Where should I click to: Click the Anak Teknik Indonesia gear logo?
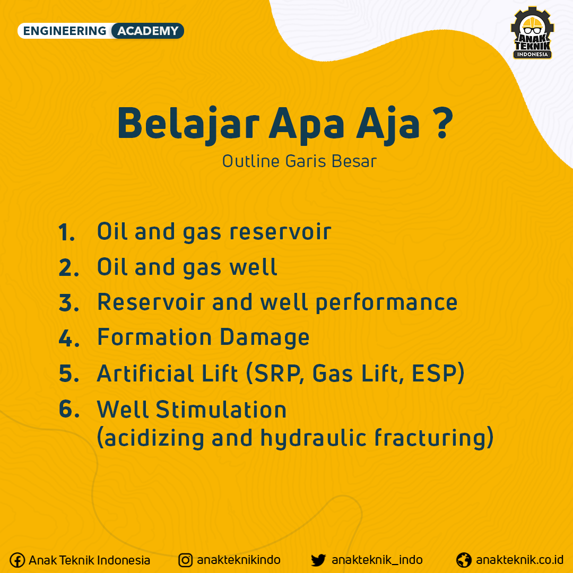pos(533,33)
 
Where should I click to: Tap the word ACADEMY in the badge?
pos(147,31)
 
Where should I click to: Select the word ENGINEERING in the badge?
pos(65,31)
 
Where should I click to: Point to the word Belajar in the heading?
pos(188,124)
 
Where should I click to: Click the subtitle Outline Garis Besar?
pos(299,161)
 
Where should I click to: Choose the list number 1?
pos(66,232)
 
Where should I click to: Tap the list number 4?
pos(68,338)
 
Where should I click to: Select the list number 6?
pos(69,409)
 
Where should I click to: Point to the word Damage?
pos(265,338)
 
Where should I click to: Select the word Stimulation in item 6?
pos(221,409)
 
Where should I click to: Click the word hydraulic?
pos(314,438)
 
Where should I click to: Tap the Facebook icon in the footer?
pos(17,560)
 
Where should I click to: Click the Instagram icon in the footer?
pos(185,560)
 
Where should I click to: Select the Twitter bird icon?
pos(318,560)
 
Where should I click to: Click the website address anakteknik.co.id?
pos(519,560)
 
